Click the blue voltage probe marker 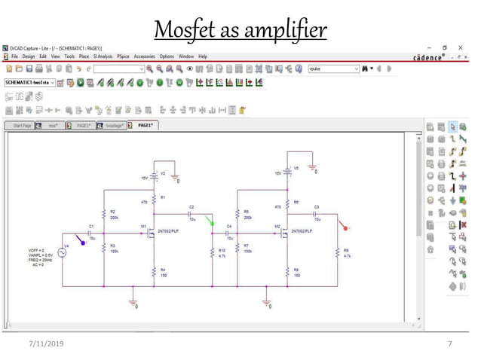click(83, 239)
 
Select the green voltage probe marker click(210, 221)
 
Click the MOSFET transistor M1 click(151, 234)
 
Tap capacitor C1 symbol click(92, 233)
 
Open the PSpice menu click(124, 56)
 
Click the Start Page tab click(20, 126)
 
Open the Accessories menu click(145, 56)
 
